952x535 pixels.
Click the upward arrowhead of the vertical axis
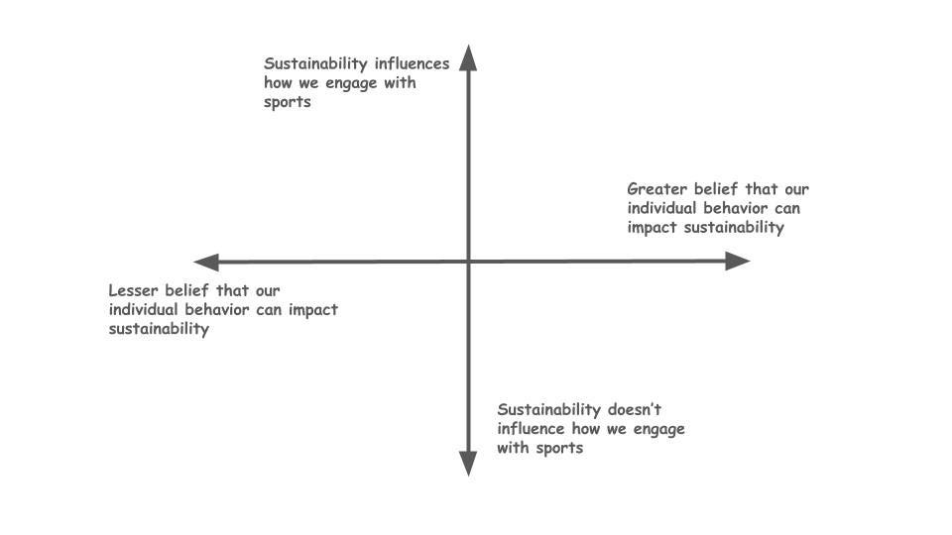[469, 57]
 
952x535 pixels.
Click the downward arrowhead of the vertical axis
[469, 463]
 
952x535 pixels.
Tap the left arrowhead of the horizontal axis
[207, 263]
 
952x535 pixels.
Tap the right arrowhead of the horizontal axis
[737, 262]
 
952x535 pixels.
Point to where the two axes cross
[469, 262]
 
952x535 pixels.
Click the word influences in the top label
[409, 64]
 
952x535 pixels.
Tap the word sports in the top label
[288, 103]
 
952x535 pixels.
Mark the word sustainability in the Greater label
[734, 228]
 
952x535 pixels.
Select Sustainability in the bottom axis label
[549, 410]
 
